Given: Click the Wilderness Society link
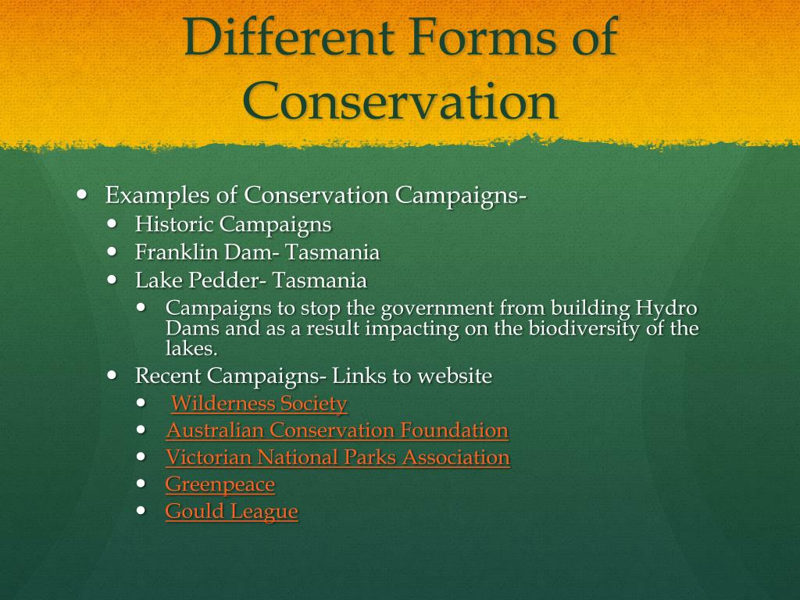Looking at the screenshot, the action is coord(259,404).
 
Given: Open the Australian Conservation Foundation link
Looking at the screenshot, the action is coord(337,430).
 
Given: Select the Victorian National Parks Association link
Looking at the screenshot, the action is coord(337,457).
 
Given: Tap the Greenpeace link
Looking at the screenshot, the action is coord(220,484).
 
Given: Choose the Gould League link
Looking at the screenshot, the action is coord(231,512).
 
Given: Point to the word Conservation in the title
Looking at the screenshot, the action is coord(400,101).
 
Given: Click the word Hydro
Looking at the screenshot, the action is coord(666,309).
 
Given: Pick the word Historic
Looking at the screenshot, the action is coord(174,224).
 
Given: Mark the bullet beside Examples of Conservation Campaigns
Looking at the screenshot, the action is coord(82,195).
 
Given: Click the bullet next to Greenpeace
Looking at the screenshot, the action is coord(141,483).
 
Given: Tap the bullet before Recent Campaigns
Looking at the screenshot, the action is coord(112,375).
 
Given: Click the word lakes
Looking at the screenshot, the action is coord(191,348).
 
